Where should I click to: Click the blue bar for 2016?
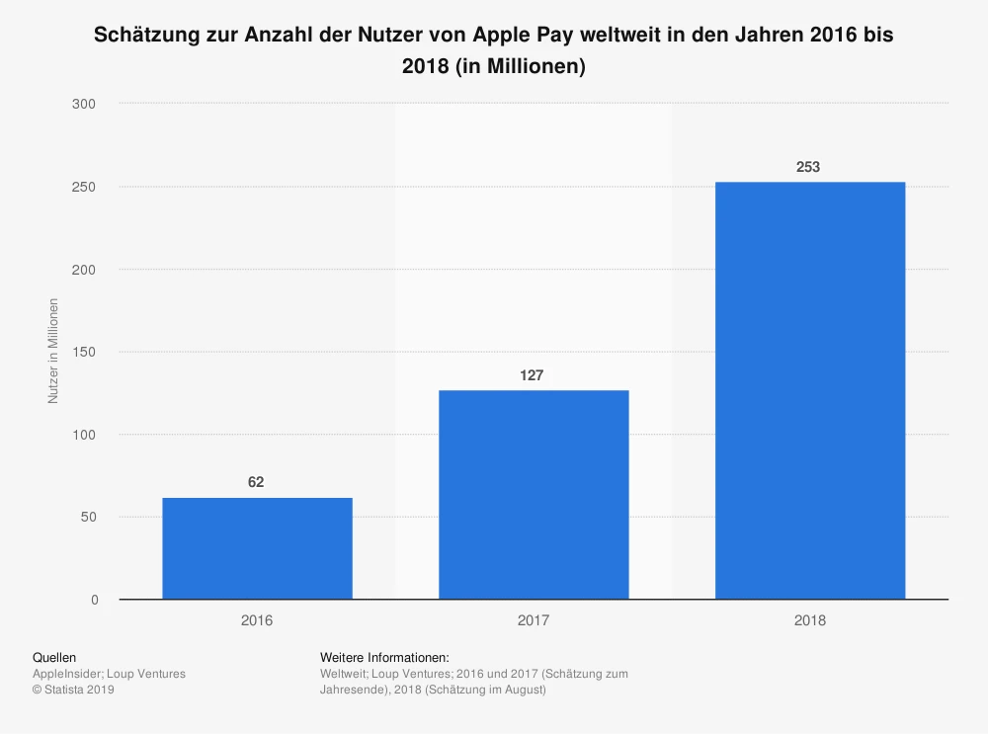257,548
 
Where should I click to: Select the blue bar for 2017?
534,494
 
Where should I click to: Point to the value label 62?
257,482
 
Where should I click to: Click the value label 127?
534,375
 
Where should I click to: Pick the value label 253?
808,167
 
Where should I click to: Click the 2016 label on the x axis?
257,621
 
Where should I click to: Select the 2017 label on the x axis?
534,621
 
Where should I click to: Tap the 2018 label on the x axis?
809,621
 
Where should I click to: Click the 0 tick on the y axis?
94,600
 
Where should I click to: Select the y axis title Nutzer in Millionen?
53,351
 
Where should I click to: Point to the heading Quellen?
54,657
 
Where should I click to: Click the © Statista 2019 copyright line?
74,690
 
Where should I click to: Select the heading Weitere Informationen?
384,657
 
